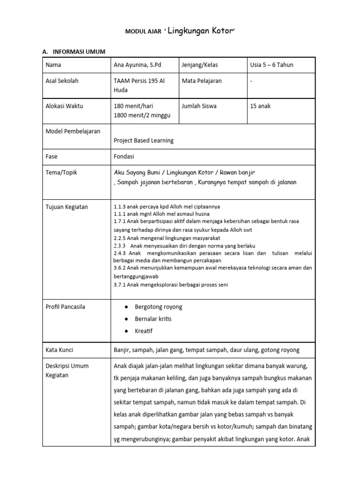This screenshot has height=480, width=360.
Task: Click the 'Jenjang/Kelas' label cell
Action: tap(200, 65)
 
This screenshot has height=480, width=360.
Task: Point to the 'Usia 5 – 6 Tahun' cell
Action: tap(272, 65)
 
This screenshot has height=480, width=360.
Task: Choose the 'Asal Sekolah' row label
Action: tap(62, 81)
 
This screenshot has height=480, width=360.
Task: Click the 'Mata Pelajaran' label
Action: tap(202, 81)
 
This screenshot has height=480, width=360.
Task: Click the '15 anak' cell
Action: tap(261, 106)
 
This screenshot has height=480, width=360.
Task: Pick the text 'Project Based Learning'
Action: tap(143, 140)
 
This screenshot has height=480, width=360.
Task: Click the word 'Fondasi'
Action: tap(124, 156)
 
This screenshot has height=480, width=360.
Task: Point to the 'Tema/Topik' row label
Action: tap(61, 172)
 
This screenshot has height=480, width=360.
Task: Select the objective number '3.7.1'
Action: tap(120, 285)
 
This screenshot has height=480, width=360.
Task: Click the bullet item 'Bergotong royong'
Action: tap(158, 307)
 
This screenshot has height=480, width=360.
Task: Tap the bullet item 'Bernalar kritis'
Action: tap(153, 319)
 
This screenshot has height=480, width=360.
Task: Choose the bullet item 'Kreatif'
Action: tap(143, 331)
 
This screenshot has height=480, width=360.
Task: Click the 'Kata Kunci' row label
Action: tap(59, 350)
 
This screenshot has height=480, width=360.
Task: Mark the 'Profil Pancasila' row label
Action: tap(65, 307)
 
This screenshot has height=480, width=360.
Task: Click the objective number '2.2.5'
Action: tap(120, 238)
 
